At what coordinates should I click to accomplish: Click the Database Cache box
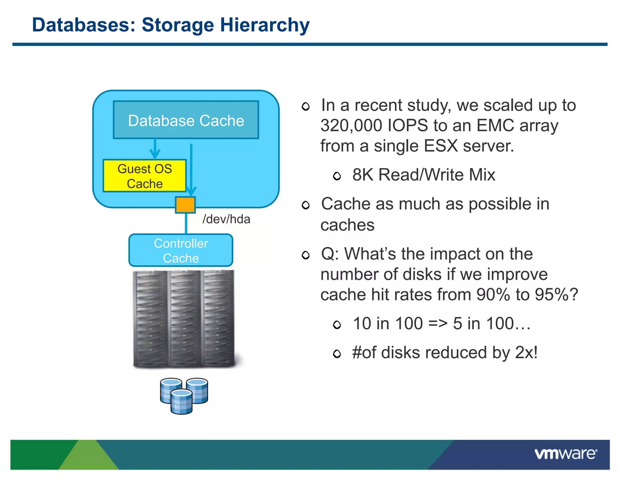tap(186, 120)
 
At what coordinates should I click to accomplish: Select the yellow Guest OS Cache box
tap(145, 176)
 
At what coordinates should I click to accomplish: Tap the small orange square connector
tap(185, 205)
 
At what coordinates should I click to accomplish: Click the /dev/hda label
tap(226, 219)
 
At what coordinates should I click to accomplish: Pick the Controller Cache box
tap(181, 251)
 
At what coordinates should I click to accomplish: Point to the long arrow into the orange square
tap(191, 170)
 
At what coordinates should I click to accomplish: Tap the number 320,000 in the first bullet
tap(351, 125)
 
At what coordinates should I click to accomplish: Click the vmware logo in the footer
tap(566, 454)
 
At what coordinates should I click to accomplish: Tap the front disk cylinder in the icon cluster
tap(181, 402)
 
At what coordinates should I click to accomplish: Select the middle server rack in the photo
tap(184, 319)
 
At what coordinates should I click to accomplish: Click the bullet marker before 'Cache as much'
tap(306, 205)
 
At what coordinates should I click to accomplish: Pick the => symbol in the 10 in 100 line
tap(438, 323)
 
